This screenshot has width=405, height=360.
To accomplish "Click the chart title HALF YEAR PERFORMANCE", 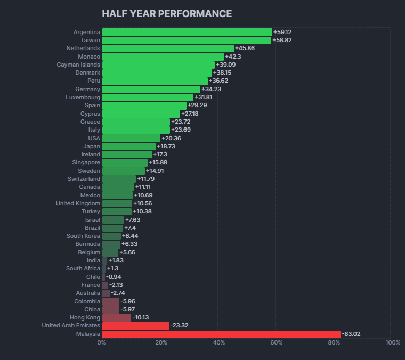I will tap(167, 14).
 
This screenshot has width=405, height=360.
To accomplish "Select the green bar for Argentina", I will tap(187, 32).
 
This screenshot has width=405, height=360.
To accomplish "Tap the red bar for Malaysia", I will tap(221, 334).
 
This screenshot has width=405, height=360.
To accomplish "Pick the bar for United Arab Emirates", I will tap(135, 326).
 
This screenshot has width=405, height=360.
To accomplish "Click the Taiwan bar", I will tap(187, 40).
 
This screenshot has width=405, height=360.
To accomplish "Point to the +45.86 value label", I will tap(245, 48).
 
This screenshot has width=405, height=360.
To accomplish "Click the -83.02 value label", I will tap(351, 334).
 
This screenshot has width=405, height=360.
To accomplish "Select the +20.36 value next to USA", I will tap(171, 138).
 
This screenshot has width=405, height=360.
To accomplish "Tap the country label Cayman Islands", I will tap(78, 65).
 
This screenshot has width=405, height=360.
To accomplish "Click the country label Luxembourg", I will tap(83, 97).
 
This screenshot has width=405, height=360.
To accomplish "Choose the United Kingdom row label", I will tap(78, 203).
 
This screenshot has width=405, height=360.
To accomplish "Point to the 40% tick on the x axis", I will tap(218, 342).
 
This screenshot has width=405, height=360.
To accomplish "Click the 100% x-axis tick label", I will tap(392, 342).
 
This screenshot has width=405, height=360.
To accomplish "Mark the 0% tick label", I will tap(101, 342).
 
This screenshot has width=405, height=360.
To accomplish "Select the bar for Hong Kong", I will tap(116, 318).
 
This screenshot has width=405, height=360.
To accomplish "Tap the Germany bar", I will tap(151, 89).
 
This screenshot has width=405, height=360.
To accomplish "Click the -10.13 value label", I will tap(141, 318).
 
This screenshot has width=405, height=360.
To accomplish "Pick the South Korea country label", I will tap(83, 236).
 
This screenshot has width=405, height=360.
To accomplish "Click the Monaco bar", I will tap(163, 57).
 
